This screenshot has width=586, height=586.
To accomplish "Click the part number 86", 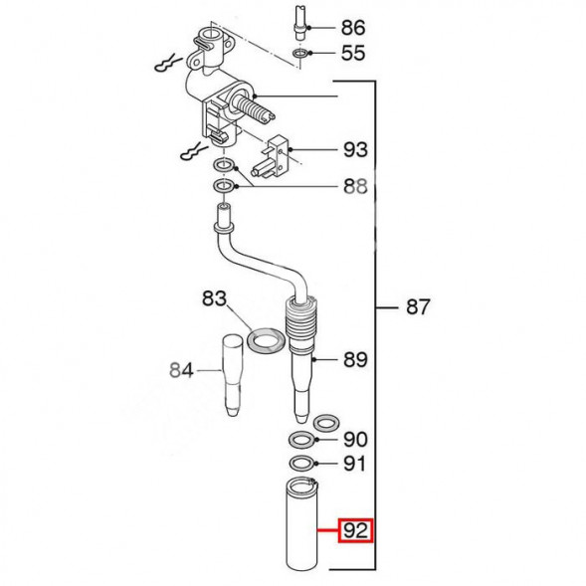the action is pos(353,28).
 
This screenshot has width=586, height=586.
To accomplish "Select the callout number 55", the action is pos(353,53).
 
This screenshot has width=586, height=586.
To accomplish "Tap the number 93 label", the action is pos(355,150).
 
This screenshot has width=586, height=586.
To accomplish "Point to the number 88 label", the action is pos(355,186).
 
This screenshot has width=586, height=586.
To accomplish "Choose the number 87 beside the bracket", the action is pos(418,307).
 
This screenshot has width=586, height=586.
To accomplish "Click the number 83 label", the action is pos(215,299).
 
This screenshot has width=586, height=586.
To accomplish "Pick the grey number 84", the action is pos(182,370).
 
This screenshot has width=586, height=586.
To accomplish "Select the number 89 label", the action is pos(355,360).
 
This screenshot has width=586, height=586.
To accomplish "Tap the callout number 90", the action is pos(355,440).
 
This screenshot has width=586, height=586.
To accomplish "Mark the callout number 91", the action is pos(354,464).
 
